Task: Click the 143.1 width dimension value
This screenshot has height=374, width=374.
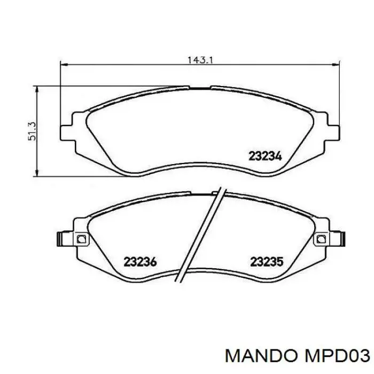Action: (x=200, y=60)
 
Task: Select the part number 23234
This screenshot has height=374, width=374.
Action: (x=265, y=156)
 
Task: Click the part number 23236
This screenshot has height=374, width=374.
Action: (x=139, y=262)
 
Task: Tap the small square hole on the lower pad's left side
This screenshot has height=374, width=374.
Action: (x=81, y=239)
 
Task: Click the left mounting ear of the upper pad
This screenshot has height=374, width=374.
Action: (x=66, y=132)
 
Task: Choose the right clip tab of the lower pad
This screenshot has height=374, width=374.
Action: (x=340, y=238)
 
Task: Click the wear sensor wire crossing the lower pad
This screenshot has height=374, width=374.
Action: (x=199, y=235)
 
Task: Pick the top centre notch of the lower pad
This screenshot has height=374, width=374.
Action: (x=200, y=191)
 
